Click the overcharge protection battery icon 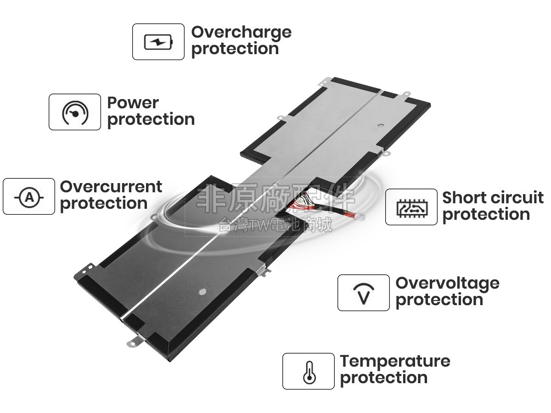[x=158, y=42]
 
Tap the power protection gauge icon [x=75, y=112]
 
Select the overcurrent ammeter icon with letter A [x=29, y=197]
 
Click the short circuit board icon [x=411, y=207]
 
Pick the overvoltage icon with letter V [x=363, y=293]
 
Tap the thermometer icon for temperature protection [x=308, y=371]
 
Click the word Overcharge [x=241, y=32]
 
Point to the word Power [x=133, y=102]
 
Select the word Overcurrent [x=111, y=187]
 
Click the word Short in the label [x=463, y=198]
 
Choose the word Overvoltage [x=447, y=283]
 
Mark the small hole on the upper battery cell [x=379, y=124]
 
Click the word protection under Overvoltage [x=439, y=300]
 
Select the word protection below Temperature [x=383, y=378]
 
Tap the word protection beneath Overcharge [x=235, y=49]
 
